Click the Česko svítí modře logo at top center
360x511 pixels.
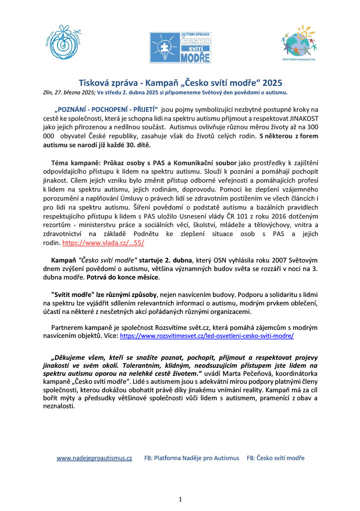click(x=180, y=47)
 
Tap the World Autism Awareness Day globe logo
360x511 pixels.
click(x=300, y=44)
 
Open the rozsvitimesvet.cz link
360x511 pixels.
click(x=207, y=336)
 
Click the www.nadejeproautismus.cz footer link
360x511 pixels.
click(x=94, y=458)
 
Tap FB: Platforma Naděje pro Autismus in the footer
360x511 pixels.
click(x=191, y=458)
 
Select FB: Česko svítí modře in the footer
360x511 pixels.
click(x=276, y=458)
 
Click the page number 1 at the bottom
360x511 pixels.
click(x=180, y=499)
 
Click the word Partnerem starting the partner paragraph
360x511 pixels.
click(x=67, y=327)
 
